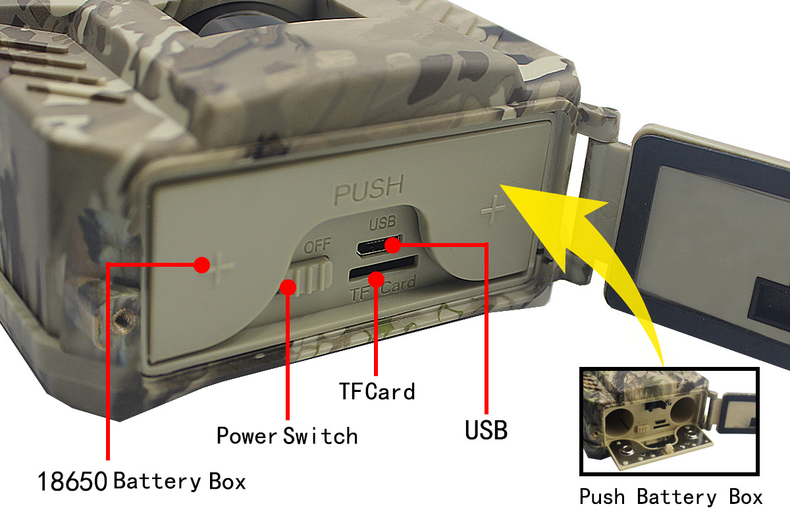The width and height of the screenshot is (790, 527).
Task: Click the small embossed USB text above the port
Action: pyautogui.click(x=382, y=223)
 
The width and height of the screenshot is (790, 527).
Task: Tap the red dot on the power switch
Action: pyautogui.click(x=288, y=287)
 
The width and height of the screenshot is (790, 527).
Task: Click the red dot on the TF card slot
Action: pyautogui.click(x=376, y=279)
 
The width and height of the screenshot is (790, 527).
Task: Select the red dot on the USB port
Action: pyautogui.click(x=392, y=246)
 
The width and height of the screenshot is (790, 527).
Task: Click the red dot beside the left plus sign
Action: pyautogui.click(x=202, y=265)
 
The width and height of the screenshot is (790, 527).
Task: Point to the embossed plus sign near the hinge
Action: pyautogui.click(x=492, y=209)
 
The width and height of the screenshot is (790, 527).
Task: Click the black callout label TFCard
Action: pyautogui.click(x=377, y=391)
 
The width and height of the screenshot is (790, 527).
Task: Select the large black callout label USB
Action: pyautogui.click(x=486, y=430)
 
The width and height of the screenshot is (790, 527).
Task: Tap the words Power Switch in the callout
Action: pyautogui.click(x=287, y=435)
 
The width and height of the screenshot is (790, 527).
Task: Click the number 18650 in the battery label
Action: pyautogui.click(x=72, y=482)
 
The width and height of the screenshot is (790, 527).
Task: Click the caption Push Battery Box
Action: pyautogui.click(x=670, y=496)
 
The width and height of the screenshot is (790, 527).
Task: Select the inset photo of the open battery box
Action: pyautogui.click(x=669, y=421)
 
